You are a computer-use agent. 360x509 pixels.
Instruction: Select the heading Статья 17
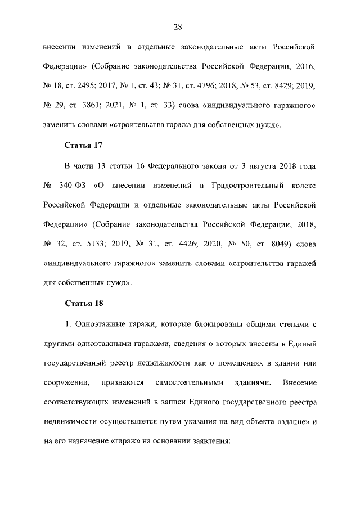click(x=84, y=146)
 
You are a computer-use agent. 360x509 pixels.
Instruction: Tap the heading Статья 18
click(x=84, y=304)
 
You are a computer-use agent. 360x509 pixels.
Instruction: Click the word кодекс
click(x=304, y=185)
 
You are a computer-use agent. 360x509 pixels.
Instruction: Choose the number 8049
click(x=274, y=246)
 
